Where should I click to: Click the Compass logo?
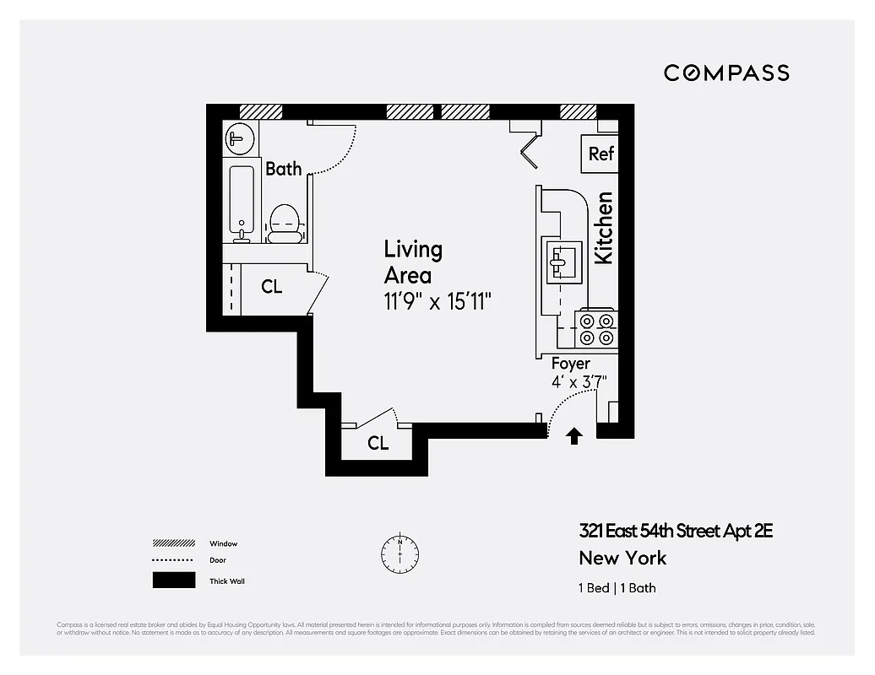726,73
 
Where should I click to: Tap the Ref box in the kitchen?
601,154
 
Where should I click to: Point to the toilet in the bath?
284,224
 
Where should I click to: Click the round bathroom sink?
239,138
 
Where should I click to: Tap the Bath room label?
284,169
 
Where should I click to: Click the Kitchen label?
604,228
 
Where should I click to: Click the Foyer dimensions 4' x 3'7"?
579,381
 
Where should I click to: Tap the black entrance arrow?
574,435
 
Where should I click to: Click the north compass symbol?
399,552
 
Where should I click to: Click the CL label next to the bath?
271,287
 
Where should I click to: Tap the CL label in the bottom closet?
378,443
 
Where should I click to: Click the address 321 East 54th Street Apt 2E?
676,531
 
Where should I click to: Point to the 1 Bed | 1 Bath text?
617,588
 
